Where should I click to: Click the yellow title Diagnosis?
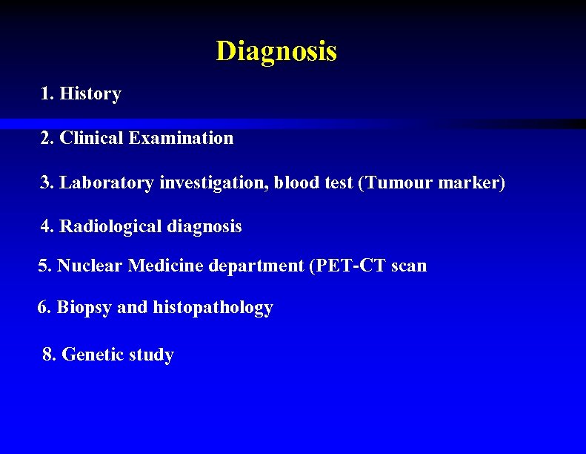(x=276, y=51)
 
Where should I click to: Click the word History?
(x=90, y=94)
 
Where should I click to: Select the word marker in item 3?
(x=471, y=182)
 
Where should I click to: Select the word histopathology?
(x=213, y=308)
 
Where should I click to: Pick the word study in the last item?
(x=151, y=355)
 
